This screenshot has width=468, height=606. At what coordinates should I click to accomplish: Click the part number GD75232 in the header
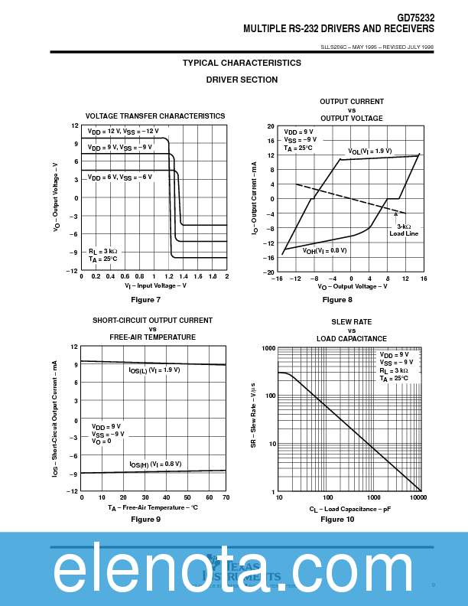click(415, 16)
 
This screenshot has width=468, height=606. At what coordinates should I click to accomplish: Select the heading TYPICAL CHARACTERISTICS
click(242, 63)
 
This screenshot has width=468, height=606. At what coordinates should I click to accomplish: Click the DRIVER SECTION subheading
click(242, 80)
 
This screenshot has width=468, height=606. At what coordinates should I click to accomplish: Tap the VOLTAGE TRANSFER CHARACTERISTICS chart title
click(155, 116)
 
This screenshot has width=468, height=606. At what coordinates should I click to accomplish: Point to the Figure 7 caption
click(145, 298)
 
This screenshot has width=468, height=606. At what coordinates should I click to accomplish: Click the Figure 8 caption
click(337, 299)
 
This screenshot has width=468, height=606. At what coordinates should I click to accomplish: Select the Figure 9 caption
click(145, 520)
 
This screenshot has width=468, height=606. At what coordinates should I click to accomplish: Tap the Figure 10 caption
click(337, 520)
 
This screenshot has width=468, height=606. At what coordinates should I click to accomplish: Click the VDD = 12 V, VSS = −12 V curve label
click(123, 131)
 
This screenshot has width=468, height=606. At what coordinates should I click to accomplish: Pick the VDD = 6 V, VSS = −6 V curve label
click(120, 177)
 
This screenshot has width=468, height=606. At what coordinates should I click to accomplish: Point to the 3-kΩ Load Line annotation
click(404, 230)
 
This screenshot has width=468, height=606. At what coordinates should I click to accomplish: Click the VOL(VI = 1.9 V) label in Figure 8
click(369, 151)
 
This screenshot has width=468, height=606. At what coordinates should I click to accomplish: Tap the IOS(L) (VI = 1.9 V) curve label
click(154, 370)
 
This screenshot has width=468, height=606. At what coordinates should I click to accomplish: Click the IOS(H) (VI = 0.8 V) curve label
click(155, 464)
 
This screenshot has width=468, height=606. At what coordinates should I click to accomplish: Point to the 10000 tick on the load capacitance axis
click(418, 498)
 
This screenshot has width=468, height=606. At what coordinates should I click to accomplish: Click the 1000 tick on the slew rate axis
click(268, 348)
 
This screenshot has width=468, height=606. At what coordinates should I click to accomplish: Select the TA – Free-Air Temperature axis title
click(153, 507)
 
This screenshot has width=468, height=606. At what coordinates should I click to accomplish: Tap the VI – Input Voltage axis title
click(155, 285)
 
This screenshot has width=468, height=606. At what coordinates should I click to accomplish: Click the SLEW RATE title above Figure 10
click(352, 321)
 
